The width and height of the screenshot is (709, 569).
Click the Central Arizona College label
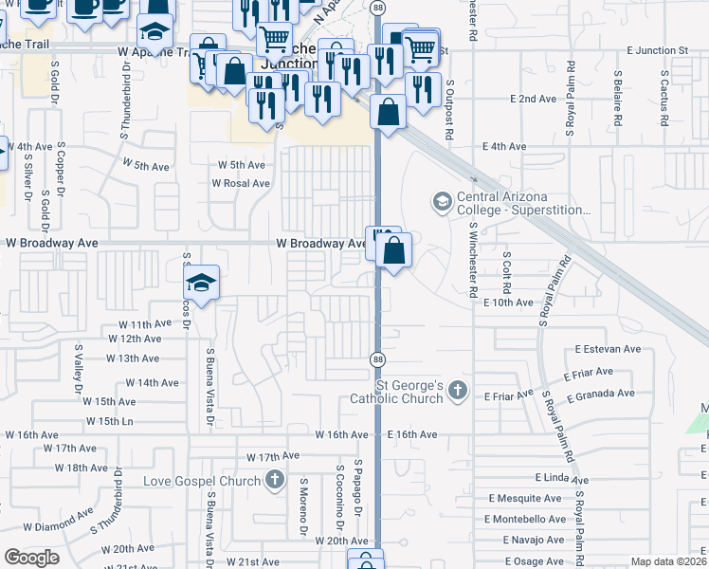[523, 204]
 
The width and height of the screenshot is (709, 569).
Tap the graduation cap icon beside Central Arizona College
[441, 201]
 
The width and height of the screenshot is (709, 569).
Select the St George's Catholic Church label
[409, 392]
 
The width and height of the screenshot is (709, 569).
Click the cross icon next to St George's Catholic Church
[458, 390]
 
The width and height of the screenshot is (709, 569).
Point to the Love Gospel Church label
[201, 481]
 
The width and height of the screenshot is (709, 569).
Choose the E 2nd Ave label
[532, 99]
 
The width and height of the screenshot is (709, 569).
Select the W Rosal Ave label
[241, 183]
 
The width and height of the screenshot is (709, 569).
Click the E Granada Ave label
[600, 394]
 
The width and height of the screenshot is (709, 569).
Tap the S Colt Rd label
[508, 272]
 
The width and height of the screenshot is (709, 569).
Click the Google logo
[31, 558]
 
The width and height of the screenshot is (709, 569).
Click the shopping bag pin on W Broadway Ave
[394, 251]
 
